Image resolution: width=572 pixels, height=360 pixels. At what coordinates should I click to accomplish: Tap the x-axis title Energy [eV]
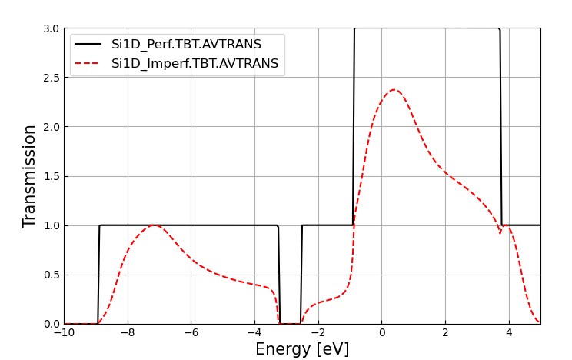tap(302, 349)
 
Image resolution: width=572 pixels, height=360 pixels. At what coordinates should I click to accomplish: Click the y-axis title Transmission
tap(30, 176)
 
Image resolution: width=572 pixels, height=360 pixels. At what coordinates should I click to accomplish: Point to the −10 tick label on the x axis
tap(64, 333)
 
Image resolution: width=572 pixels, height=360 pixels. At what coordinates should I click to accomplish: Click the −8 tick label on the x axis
tap(128, 333)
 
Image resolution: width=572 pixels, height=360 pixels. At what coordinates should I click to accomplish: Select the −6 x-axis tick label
tap(191, 333)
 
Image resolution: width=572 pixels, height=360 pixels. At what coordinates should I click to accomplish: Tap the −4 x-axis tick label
tap(254, 333)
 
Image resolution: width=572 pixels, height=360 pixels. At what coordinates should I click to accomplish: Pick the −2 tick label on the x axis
tap(318, 333)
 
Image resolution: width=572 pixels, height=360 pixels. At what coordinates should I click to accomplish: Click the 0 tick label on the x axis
tap(381, 333)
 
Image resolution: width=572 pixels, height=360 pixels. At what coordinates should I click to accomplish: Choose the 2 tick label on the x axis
tap(445, 333)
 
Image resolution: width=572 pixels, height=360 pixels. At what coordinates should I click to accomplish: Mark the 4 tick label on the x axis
tap(508, 333)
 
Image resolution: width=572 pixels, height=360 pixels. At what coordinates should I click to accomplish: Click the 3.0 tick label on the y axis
tap(50, 28)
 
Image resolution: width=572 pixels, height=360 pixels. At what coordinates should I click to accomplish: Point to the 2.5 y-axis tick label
tap(50, 78)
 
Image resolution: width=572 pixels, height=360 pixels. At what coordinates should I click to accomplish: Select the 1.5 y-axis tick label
tap(50, 176)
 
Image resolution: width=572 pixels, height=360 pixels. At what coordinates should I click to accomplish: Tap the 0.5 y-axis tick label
tap(50, 275)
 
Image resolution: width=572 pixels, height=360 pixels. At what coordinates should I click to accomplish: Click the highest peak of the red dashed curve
tap(394, 90)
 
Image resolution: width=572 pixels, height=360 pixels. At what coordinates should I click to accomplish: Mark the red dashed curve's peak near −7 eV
tap(155, 225)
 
